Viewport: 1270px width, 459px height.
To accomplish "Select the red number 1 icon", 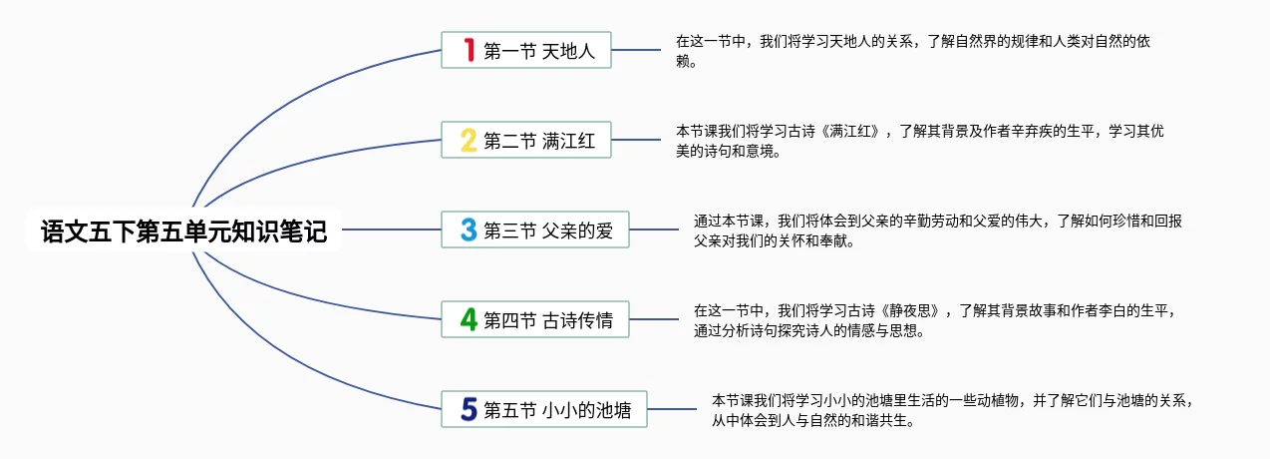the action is tap(469, 50).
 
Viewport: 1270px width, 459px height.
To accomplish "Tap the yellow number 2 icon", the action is tap(469, 140).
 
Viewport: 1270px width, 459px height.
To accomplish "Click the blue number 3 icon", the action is tap(469, 230).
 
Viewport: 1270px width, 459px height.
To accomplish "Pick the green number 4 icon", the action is tap(469, 320).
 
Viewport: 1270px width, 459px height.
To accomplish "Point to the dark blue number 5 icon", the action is tap(469, 409).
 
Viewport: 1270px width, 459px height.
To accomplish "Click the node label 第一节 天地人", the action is tap(539, 51).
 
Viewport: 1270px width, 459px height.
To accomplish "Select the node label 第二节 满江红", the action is tap(539, 141).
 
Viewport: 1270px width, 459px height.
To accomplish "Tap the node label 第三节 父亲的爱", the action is tap(548, 231).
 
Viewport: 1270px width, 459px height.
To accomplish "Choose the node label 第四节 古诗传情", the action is tap(548, 321).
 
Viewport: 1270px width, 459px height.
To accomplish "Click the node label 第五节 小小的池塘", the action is tap(557, 410).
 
